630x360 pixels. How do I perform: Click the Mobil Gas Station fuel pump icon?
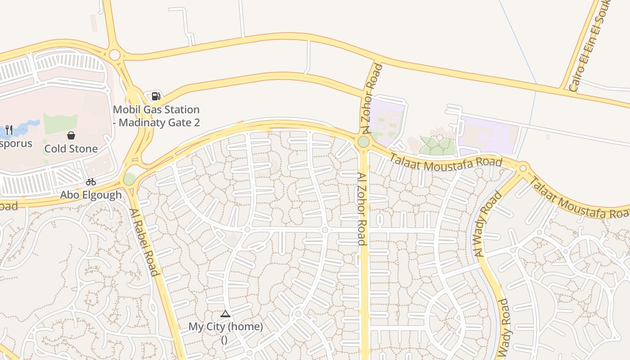[156, 96]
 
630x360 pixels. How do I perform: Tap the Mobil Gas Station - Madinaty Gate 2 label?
[156, 116]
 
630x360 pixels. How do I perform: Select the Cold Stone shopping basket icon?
[71, 135]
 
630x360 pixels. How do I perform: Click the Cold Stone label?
[71, 148]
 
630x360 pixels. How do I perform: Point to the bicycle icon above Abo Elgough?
[91, 182]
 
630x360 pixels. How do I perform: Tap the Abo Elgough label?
[91, 195]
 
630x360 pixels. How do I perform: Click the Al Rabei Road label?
[144, 242]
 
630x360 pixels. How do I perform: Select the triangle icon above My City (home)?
[225, 314]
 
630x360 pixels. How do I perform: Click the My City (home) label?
[225, 327]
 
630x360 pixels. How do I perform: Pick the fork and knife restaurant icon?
[9, 130]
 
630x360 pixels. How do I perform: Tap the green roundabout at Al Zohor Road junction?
[364, 142]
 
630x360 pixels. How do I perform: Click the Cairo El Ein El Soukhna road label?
[590, 47]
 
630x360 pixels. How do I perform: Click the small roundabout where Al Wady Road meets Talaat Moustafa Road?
[523, 169]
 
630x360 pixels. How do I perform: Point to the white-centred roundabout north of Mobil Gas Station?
[114, 55]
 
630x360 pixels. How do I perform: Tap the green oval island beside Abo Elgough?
[129, 179]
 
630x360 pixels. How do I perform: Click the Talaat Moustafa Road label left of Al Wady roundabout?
[445, 162]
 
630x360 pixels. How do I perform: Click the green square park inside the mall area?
[60, 124]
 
